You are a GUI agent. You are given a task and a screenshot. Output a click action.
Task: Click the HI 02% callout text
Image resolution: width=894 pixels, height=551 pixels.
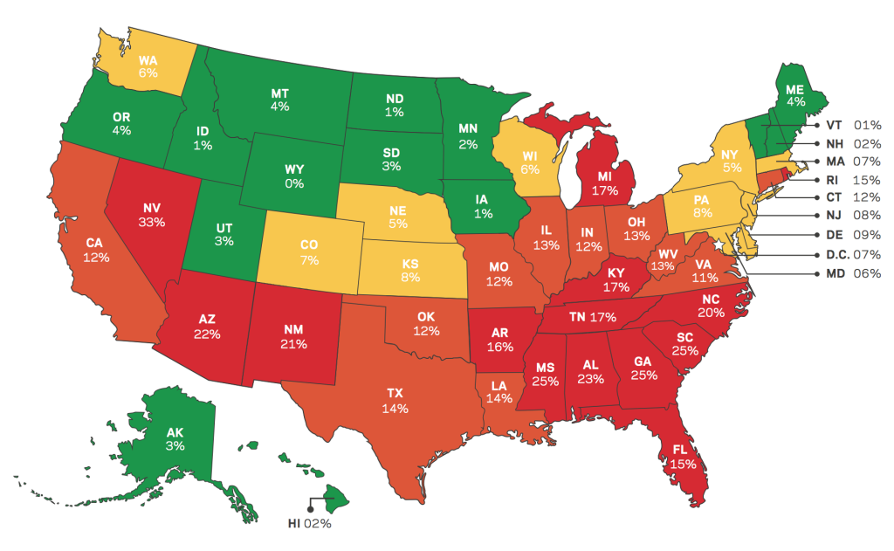tap(310, 524)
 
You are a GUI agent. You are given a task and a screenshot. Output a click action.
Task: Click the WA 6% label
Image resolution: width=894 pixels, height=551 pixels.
tap(148, 66)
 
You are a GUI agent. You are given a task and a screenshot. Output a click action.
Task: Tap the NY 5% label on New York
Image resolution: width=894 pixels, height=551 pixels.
tap(732, 160)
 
